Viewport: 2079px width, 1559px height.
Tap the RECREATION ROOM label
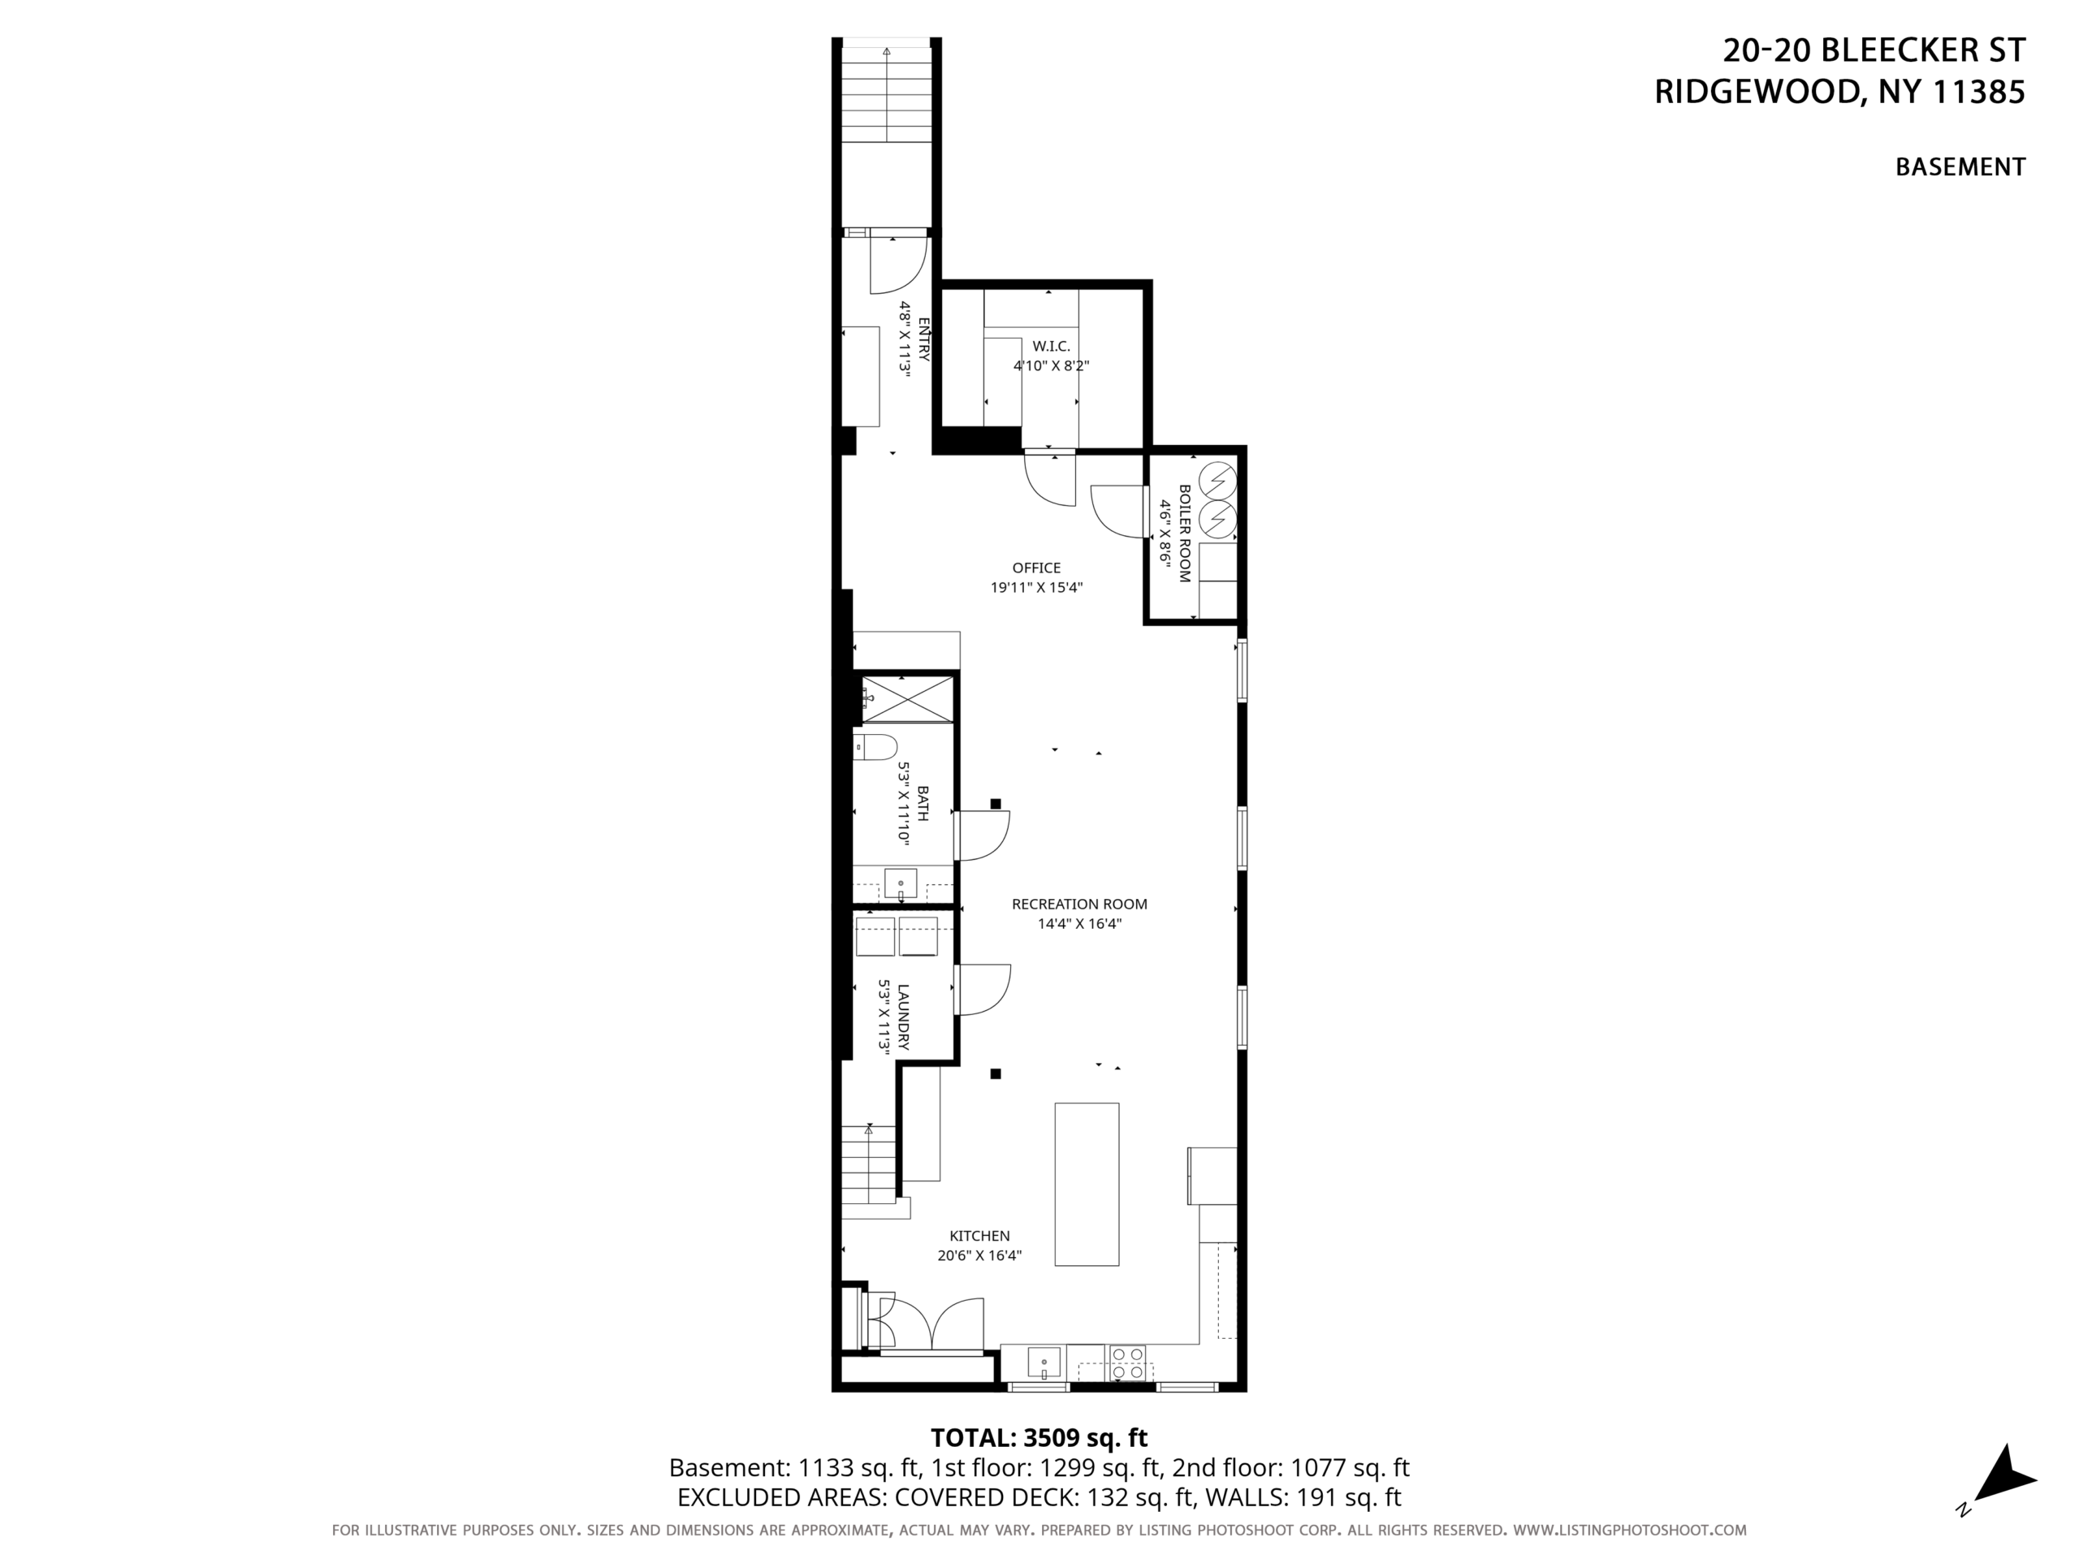click(1079, 904)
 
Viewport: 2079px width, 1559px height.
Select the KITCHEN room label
click(979, 1236)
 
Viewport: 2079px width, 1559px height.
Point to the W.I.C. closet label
click(1051, 347)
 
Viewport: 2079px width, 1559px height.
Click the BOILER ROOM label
click(1184, 533)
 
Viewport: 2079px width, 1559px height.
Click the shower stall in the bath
click(907, 698)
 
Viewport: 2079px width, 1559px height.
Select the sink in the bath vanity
click(901, 884)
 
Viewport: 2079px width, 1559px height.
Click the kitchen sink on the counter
click(1044, 1362)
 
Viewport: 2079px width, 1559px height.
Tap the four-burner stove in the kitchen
click(1128, 1363)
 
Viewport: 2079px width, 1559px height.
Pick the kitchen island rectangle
click(1087, 1184)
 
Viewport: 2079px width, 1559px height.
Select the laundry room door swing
click(982, 990)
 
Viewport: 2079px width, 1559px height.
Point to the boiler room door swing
click(1118, 512)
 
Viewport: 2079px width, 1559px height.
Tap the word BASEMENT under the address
click(1960, 167)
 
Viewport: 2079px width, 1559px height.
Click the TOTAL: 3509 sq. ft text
click(1039, 1438)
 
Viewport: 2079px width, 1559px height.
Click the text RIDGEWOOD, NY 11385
click(1839, 92)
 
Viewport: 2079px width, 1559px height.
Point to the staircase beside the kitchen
click(868, 1165)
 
